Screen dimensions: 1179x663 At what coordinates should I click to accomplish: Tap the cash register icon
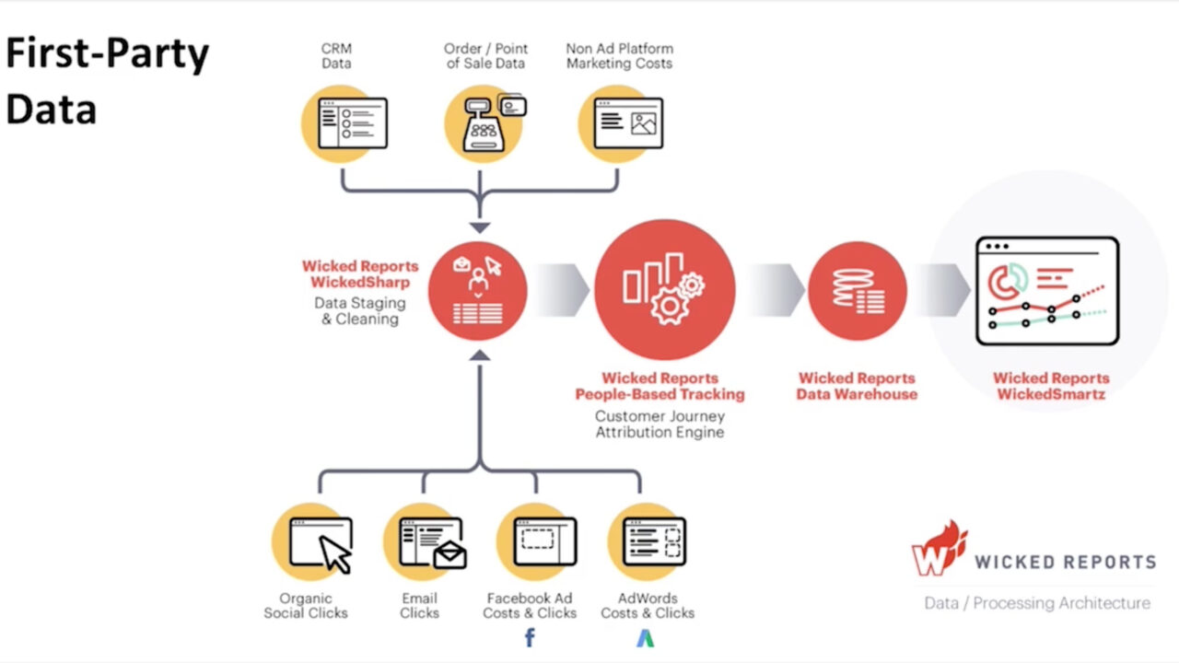(x=484, y=123)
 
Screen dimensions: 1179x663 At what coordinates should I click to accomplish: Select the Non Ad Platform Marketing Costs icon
(x=621, y=123)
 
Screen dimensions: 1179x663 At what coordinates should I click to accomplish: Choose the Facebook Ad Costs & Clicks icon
(x=537, y=542)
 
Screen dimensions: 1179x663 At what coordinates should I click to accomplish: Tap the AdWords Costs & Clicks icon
(x=648, y=542)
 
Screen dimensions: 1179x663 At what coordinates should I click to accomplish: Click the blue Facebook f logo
(x=530, y=638)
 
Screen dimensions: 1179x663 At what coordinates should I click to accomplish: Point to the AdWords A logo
(x=646, y=638)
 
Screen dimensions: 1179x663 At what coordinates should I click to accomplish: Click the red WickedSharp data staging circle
(x=477, y=291)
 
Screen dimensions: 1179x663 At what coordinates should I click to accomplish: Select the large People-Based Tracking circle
(x=665, y=290)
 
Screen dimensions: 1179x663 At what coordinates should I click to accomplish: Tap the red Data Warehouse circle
(x=858, y=291)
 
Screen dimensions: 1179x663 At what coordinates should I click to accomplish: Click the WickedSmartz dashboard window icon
(x=1047, y=291)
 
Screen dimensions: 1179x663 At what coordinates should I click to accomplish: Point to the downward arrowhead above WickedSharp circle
(x=480, y=227)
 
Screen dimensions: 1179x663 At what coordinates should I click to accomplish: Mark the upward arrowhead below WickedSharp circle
(x=480, y=355)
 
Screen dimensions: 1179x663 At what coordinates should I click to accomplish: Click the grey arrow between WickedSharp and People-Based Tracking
(x=563, y=290)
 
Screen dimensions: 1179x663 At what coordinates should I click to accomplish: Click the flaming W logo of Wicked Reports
(x=940, y=549)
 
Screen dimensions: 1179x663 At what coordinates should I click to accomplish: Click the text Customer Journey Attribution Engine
(x=660, y=425)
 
